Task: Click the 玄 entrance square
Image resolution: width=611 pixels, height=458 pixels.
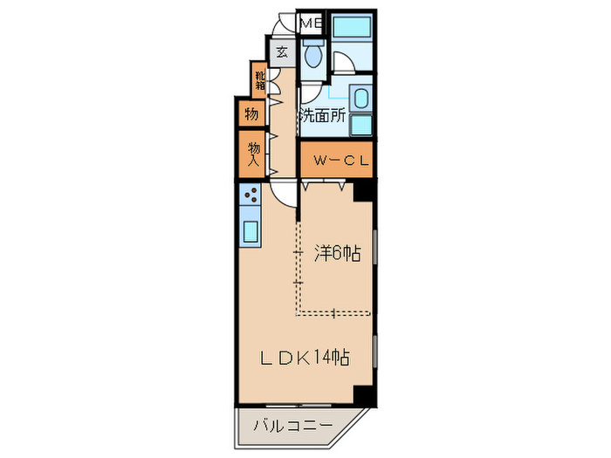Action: click(x=282, y=52)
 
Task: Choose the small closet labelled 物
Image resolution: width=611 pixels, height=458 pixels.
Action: click(x=251, y=113)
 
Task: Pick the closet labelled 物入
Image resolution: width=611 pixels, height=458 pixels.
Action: click(x=253, y=154)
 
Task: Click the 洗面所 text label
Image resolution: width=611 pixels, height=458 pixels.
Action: click(x=323, y=114)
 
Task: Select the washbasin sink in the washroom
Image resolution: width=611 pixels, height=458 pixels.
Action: click(x=361, y=98)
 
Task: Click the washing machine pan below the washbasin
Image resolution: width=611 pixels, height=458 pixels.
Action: click(x=360, y=124)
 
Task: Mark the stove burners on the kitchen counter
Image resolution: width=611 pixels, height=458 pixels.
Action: click(x=250, y=197)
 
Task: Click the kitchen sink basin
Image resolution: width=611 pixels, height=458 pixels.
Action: click(x=249, y=232)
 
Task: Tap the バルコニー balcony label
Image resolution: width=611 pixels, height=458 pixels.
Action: click(x=292, y=427)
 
